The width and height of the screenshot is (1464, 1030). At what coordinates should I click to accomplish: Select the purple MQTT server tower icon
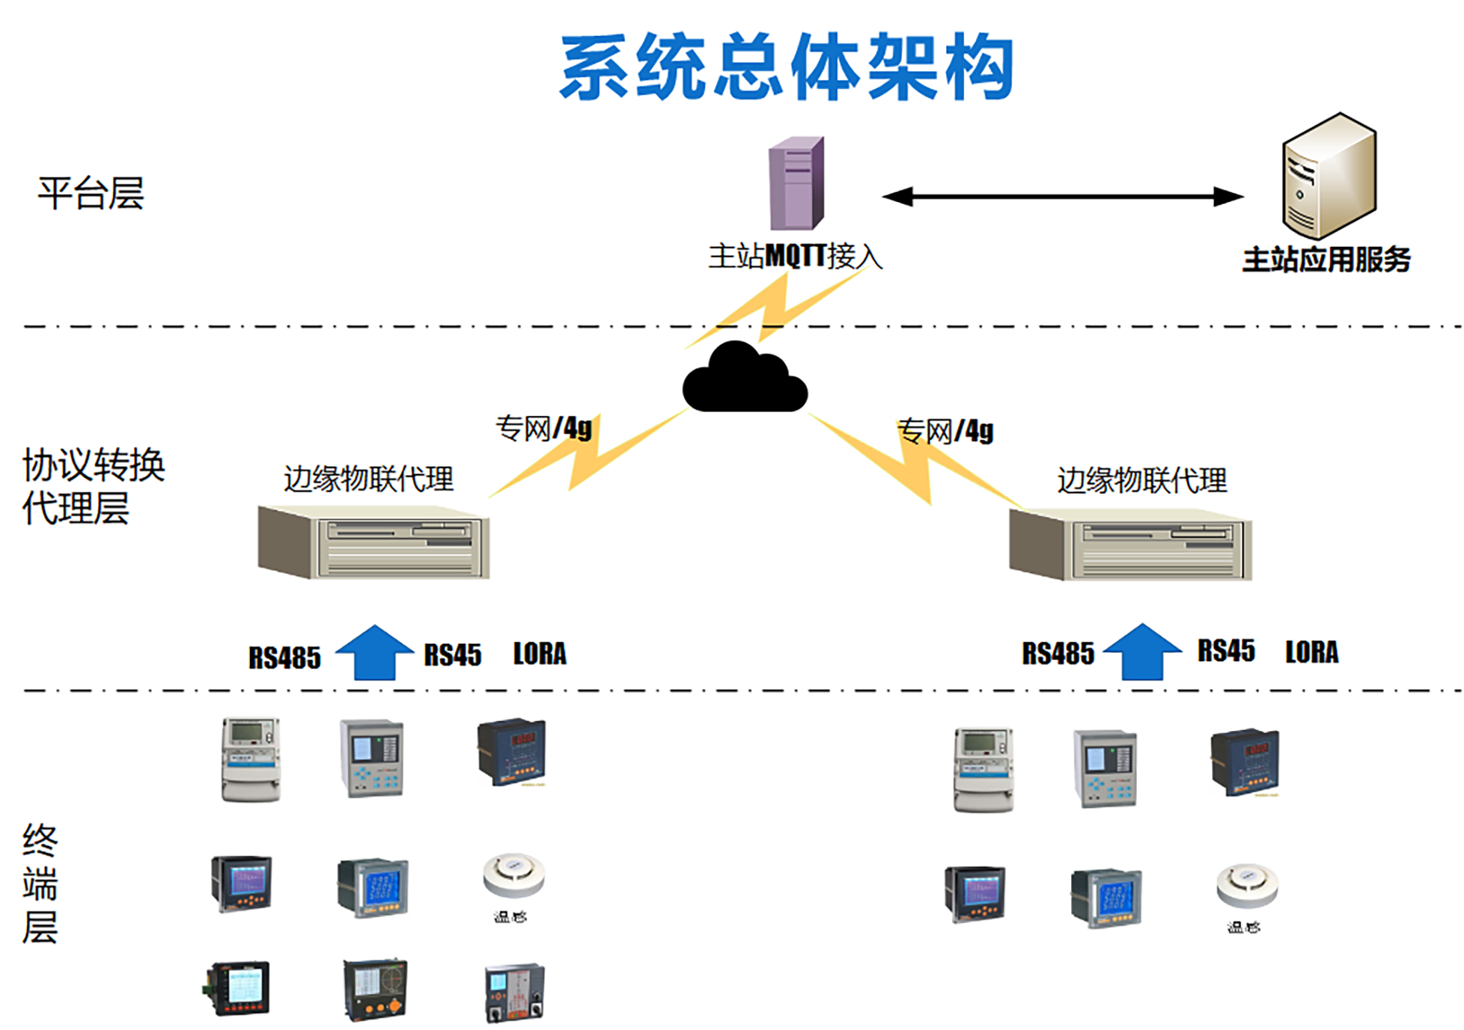tap(796, 183)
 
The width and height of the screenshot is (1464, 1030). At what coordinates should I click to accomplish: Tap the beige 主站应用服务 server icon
tap(1328, 176)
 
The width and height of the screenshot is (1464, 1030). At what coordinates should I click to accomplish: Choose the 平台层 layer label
tap(91, 193)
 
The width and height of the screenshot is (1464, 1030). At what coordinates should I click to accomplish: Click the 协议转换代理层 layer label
tap(93, 486)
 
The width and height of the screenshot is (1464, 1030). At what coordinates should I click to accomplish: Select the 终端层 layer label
tap(40, 883)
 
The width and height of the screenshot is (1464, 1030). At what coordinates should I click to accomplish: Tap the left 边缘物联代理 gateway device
tap(373, 542)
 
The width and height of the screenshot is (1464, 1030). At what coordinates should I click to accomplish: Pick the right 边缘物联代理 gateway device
tap(1130, 544)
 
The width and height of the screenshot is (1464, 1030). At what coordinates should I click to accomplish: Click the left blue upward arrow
tap(374, 652)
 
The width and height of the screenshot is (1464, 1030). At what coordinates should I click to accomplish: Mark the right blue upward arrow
tap(1142, 651)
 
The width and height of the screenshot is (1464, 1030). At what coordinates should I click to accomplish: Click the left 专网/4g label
tap(543, 428)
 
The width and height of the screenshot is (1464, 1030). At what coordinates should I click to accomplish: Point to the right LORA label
tap(1311, 652)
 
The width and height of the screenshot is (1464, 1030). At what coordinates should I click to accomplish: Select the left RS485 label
tap(284, 657)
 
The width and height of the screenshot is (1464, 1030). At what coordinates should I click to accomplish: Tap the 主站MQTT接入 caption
tap(795, 256)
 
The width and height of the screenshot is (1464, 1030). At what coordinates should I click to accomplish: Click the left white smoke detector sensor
tap(513, 875)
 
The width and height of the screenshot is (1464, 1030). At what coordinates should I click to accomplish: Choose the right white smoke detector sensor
tap(1247, 885)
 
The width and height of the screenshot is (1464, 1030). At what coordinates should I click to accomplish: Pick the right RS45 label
tap(1225, 650)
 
